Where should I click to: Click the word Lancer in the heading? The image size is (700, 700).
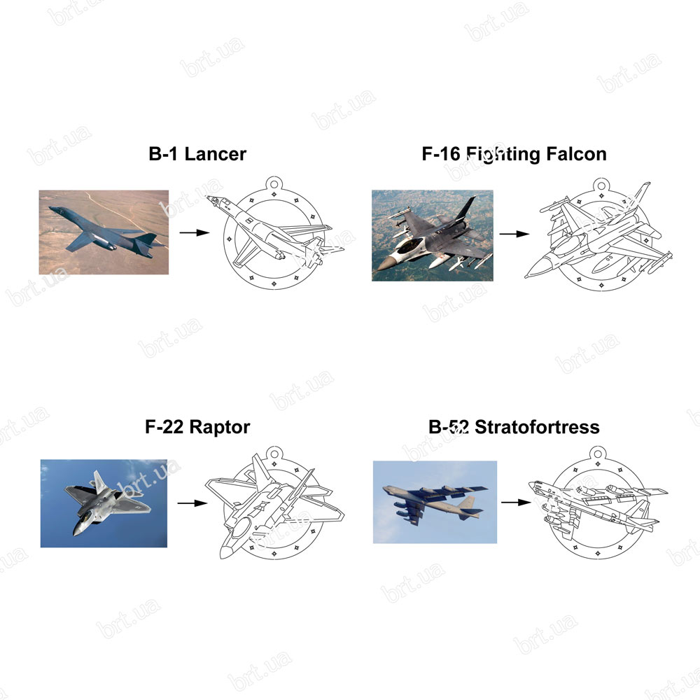(x=215, y=154)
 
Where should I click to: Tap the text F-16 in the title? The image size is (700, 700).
(x=440, y=154)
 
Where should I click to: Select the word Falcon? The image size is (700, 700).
(x=576, y=154)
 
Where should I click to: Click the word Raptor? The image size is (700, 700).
(x=220, y=427)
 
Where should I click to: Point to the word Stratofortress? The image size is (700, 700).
(x=537, y=427)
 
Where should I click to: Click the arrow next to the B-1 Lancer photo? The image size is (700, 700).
(x=195, y=232)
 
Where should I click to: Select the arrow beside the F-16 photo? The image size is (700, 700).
(x=514, y=234)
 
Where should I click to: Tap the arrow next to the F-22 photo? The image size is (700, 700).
(x=192, y=503)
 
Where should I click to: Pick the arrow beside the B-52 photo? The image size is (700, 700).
(x=516, y=502)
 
